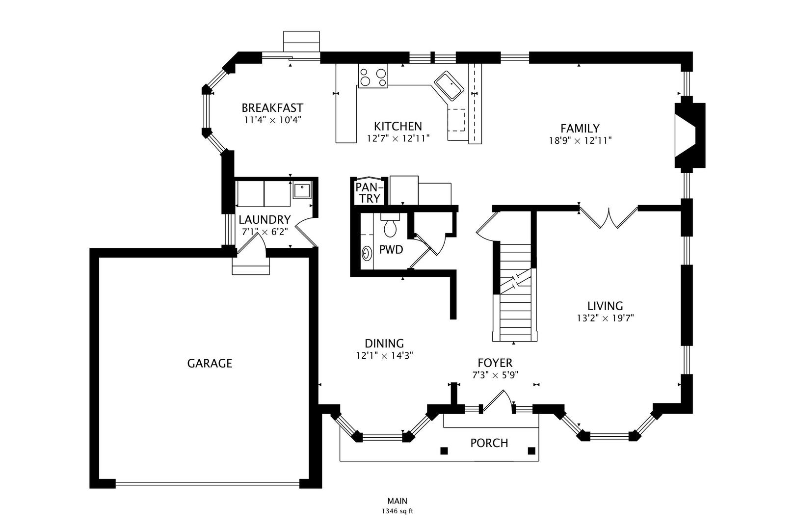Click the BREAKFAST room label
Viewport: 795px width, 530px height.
coord(272,107)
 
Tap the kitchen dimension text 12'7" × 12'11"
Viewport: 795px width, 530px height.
coord(398,139)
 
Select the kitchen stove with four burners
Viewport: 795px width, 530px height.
coord(373,77)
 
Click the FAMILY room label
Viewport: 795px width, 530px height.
coord(580,128)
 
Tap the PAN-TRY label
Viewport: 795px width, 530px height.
coord(368,192)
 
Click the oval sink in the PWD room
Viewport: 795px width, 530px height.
coord(367,253)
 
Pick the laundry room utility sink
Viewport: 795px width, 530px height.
coord(301,189)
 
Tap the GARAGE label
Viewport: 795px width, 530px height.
coord(210,364)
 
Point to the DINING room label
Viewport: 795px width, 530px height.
coord(384,344)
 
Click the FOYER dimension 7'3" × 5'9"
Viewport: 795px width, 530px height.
coord(495,375)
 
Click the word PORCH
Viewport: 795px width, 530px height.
coord(489,443)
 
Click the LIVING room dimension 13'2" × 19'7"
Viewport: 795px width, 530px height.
coord(605,318)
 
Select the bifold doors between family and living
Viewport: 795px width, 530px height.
coord(609,218)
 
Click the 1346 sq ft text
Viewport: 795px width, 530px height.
coord(397,511)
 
